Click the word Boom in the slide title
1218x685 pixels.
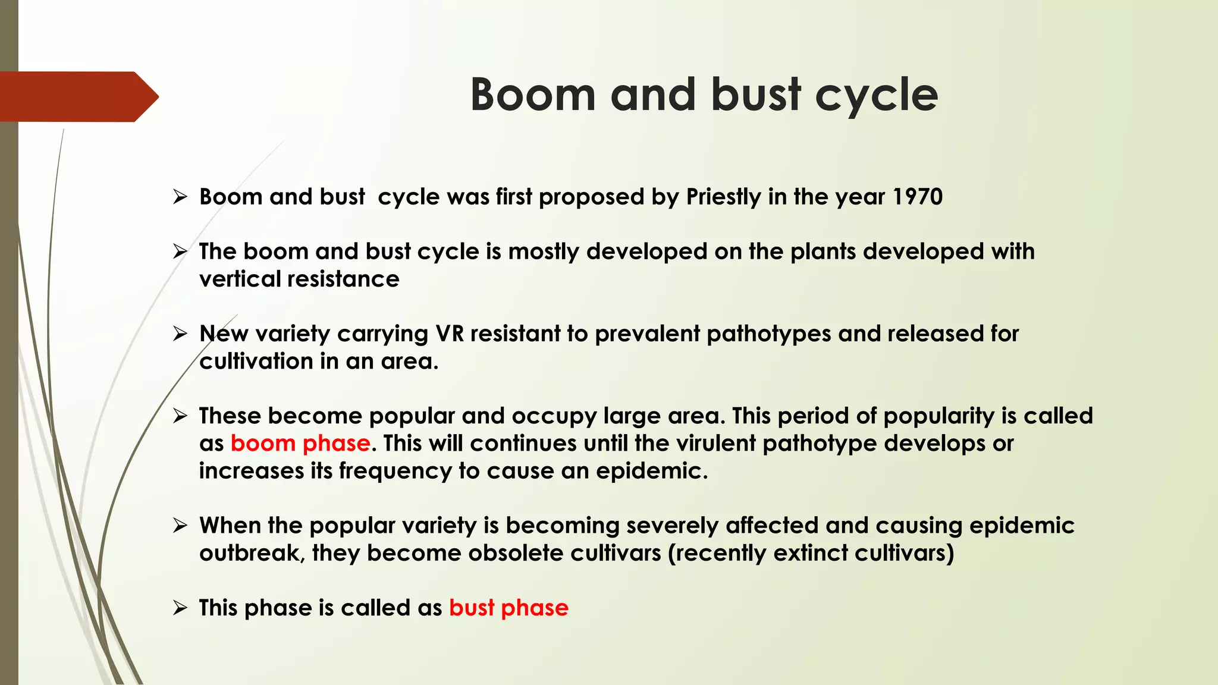coord(533,95)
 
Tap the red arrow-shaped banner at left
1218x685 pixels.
coord(77,96)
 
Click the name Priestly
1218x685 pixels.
coord(723,197)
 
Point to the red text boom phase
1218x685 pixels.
coord(300,444)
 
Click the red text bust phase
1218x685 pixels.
coord(508,608)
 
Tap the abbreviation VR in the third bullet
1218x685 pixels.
coord(450,334)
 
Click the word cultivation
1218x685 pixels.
coord(256,361)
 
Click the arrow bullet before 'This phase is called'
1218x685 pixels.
coord(180,608)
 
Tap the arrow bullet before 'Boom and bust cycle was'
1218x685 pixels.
coord(180,197)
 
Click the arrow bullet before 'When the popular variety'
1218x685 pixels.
coord(180,526)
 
